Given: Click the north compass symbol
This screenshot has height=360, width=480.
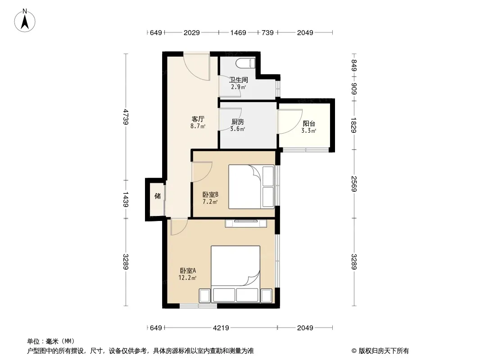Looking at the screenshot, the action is pyautogui.click(x=25, y=21).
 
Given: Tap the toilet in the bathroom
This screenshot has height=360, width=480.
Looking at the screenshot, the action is pyautogui.click(x=245, y=63).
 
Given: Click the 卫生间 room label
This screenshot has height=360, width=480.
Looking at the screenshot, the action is pyautogui.click(x=239, y=80).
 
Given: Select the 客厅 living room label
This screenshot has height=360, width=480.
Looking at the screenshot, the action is pyautogui.click(x=198, y=119).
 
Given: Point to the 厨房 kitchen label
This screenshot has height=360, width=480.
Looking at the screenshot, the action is pyautogui.click(x=238, y=122).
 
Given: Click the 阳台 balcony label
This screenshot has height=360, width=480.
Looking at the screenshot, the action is pyautogui.click(x=309, y=124).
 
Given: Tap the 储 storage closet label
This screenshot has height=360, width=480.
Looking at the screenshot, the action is pyautogui.click(x=157, y=196).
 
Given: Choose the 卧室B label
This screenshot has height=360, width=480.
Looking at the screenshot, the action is pyautogui.click(x=210, y=194).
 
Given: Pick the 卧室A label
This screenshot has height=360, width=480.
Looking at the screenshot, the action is pyautogui.click(x=188, y=271).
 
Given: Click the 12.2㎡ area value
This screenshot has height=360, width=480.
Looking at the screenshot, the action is pyautogui.click(x=187, y=278).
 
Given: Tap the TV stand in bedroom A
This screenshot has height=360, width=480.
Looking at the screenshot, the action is pyautogui.click(x=246, y=223).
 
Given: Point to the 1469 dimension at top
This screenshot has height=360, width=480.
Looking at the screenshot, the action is pyautogui.click(x=238, y=32).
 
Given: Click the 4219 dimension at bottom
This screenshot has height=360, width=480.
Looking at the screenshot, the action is pyautogui.click(x=221, y=328).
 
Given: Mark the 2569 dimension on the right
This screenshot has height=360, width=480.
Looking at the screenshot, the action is pyautogui.click(x=354, y=184).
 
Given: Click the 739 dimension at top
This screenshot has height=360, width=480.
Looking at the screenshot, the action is pyautogui.click(x=267, y=32).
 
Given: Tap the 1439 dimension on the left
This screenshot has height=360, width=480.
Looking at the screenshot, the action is pyautogui.click(x=126, y=199).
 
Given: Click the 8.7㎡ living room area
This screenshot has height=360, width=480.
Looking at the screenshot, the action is pyautogui.click(x=198, y=126).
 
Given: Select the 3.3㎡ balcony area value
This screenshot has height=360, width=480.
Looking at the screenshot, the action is pyautogui.click(x=308, y=130).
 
